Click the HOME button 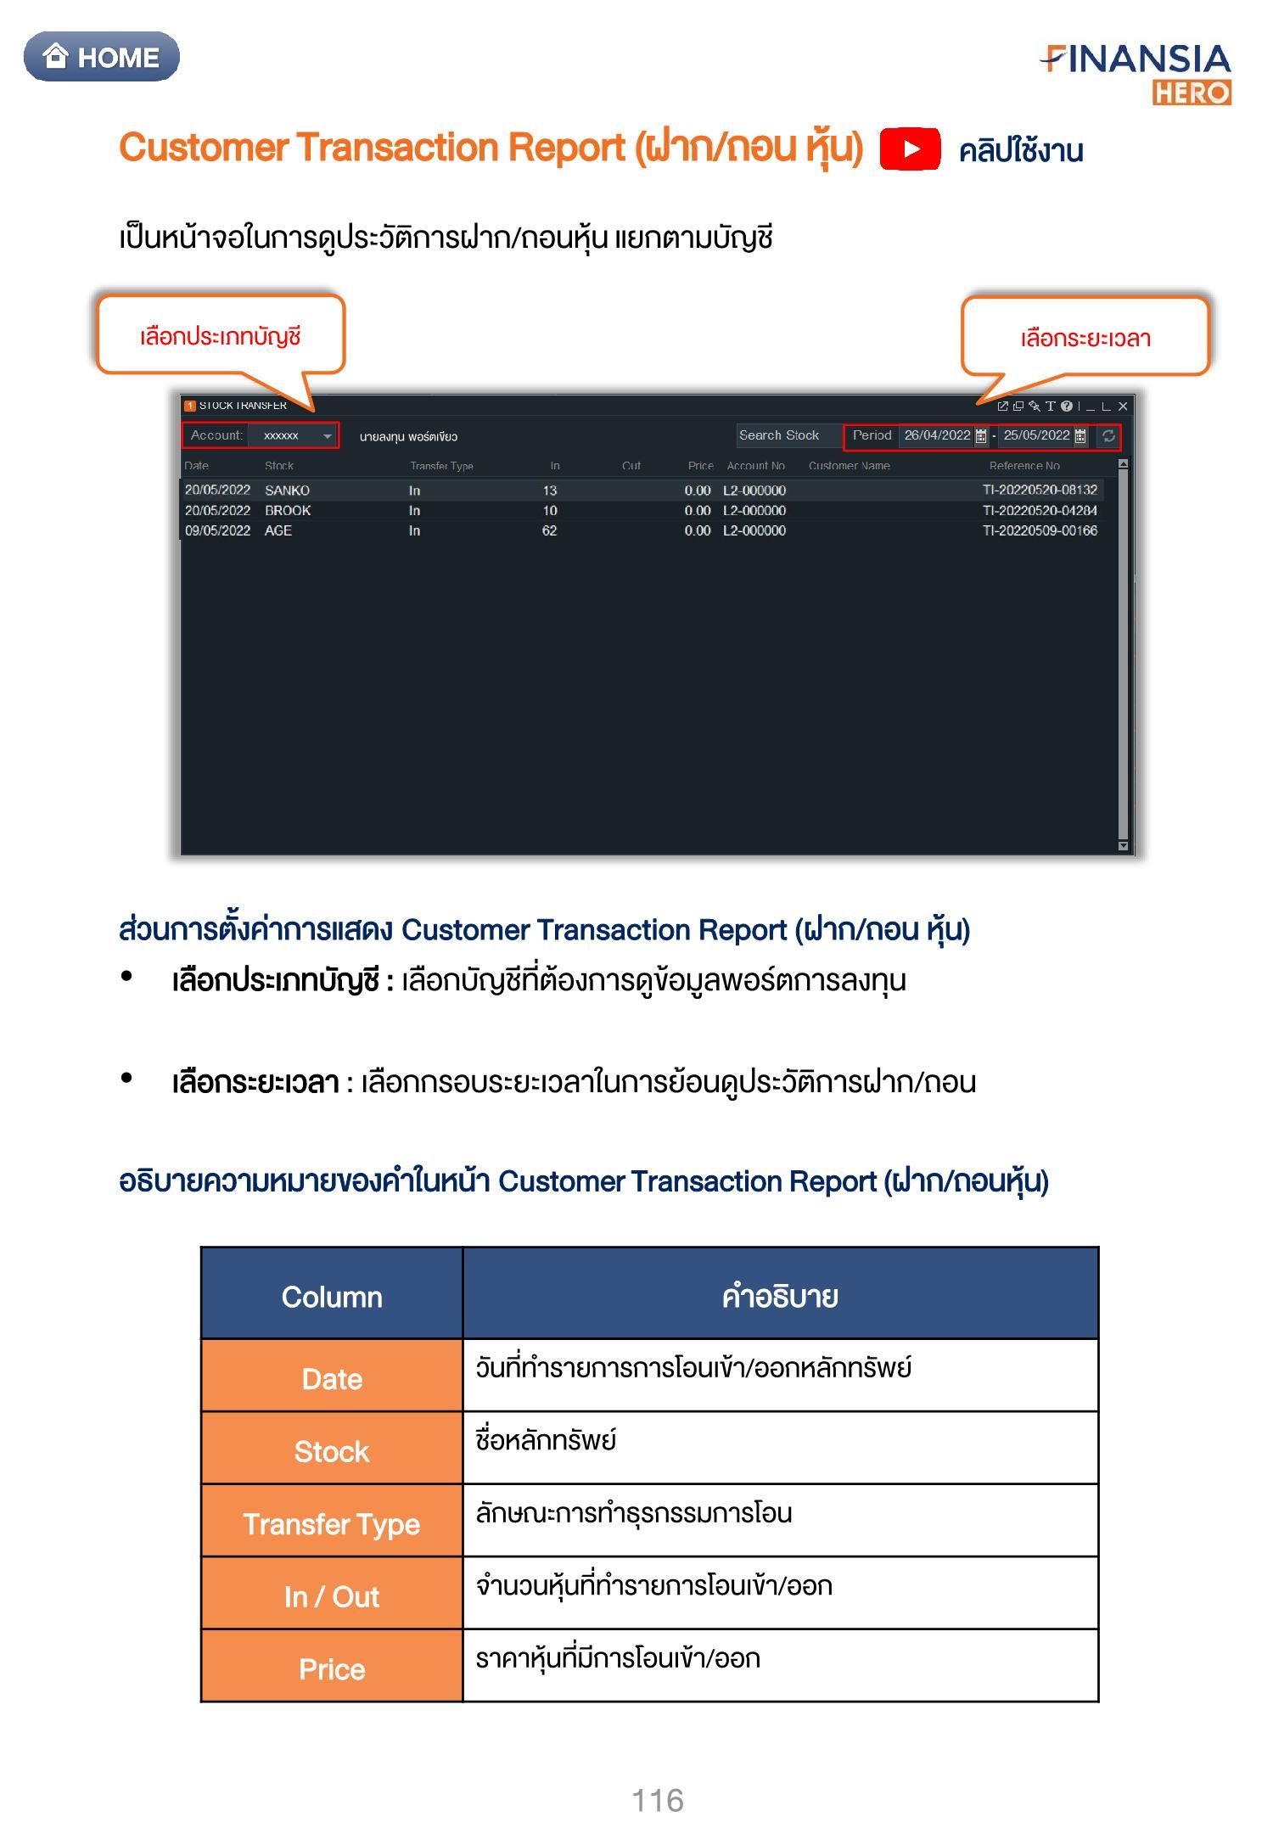pyautogui.click(x=102, y=57)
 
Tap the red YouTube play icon pyautogui.click(x=910, y=149)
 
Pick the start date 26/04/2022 pyautogui.click(x=937, y=435)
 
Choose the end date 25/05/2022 pyautogui.click(x=1036, y=435)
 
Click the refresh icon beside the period pyautogui.click(x=1108, y=436)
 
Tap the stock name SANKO pyautogui.click(x=287, y=491)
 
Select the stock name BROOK pyautogui.click(x=288, y=511)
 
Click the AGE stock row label pyautogui.click(x=278, y=531)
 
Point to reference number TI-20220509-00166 pyautogui.click(x=1040, y=531)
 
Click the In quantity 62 pyautogui.click(x=550, y=531)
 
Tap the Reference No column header pyautogui.click(x=1024, y=466)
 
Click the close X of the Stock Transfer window pyautogui.click(x=1123, y=406)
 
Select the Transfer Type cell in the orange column pyautogui.click(x=332, y=1524)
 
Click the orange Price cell pyautogui.click(x=332, y=1669)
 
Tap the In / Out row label pyautogui.click(x=332, y=1596)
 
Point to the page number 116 pyautogui.click(x=658, y=1800)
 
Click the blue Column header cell pyautogui.click(x=332, y=1297)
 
